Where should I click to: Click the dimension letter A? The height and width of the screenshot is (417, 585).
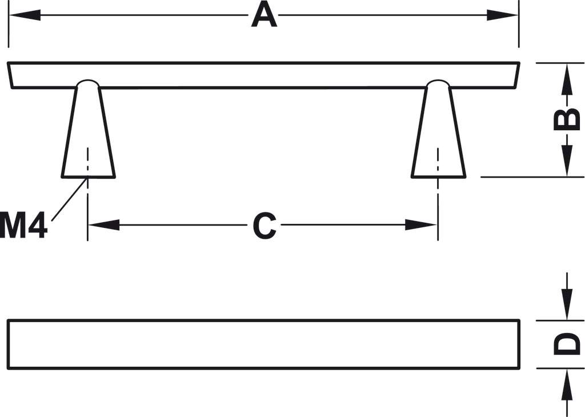[x=264, y=15]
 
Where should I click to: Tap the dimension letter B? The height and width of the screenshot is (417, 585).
[x=567, y=119]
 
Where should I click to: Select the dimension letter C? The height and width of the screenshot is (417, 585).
[x=265, y=226]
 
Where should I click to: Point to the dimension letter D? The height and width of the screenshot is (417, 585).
[x=567, y=344]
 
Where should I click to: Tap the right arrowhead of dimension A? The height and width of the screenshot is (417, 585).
[x=503, y=15]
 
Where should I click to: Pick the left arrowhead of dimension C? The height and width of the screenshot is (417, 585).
[x=103, y=225]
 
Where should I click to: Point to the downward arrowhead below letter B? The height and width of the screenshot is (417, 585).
[x=566, y=162]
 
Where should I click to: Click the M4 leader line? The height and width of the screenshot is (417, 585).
[x=69, y=199]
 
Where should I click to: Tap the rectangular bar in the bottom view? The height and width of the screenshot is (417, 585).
[x=263, y=344]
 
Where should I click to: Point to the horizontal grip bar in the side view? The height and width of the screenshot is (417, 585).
[x=263, y=75]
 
